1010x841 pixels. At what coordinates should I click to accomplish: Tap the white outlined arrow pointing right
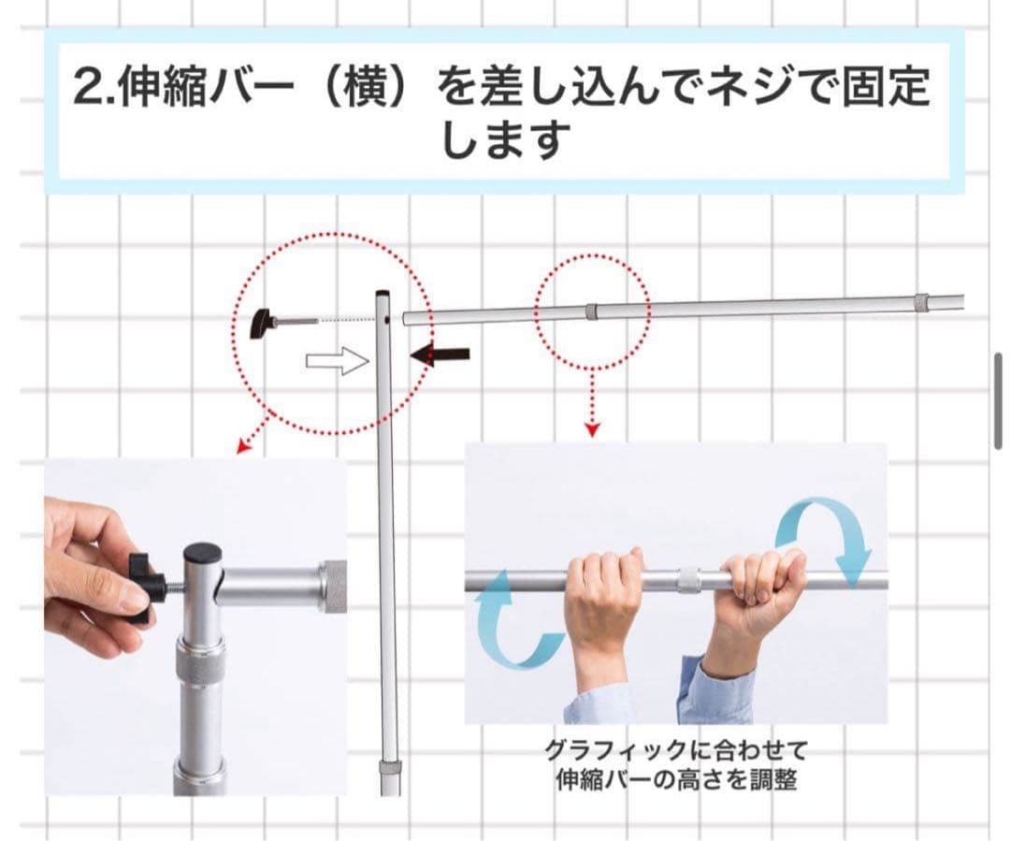[x=338, y=361]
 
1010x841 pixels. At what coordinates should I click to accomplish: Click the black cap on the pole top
[x=202, y=553]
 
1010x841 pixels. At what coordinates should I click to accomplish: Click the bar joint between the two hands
[x=689, y=580]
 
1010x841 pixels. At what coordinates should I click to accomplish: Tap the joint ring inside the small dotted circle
[x=591, y=311]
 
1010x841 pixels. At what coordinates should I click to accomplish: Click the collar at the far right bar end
[x=921, y=302]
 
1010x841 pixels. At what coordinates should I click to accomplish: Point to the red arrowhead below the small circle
[x=592, y=430]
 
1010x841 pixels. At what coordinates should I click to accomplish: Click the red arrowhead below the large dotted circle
[x=244, y=446]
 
